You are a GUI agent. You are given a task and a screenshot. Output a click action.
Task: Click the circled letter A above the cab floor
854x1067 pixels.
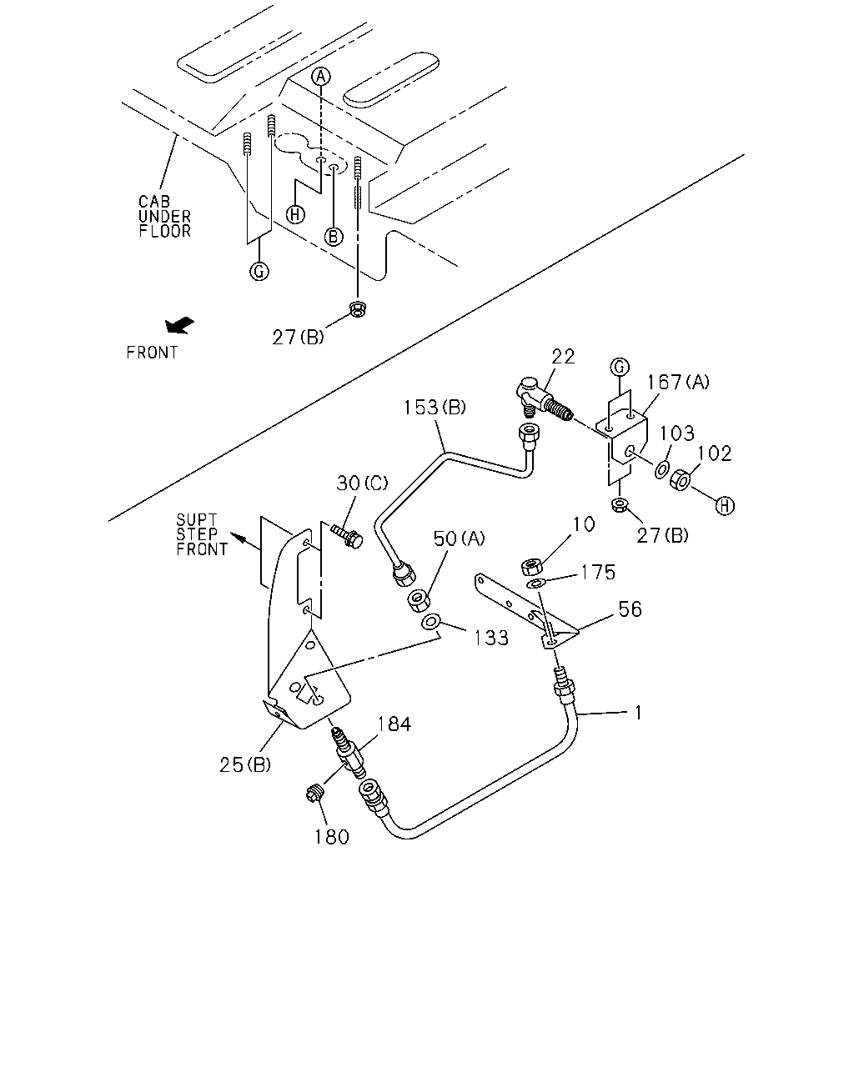[x=321, y=77]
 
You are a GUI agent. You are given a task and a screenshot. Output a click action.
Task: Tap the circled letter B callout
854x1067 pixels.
[x=334, y=237]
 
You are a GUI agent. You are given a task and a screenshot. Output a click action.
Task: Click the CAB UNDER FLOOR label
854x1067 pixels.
[x=165, y=216]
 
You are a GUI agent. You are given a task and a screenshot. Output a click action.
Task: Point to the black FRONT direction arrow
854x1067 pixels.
[x=179, y=325]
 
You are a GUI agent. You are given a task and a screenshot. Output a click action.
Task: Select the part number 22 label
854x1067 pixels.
[x=563, y=357]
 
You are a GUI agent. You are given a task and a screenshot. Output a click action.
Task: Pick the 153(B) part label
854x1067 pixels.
[x=435, y=408]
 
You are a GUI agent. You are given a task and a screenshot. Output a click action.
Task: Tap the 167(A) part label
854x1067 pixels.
[x=678, y=382]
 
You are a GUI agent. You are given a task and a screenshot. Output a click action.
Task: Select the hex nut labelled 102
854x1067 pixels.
[x=681, y=480]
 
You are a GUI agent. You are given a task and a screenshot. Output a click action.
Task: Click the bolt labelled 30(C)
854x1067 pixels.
[x=347, y=535]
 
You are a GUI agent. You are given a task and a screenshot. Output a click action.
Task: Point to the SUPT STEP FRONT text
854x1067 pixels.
[x=202, y=534]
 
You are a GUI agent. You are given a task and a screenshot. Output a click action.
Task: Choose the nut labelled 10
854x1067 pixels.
[x=531, y=566]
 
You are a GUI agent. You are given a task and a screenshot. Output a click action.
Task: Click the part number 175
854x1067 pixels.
[x=598, y=573]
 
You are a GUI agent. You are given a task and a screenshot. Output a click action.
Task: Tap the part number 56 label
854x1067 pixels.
[x=630, y=609]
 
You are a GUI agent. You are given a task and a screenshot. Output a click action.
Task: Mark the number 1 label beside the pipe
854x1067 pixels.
[x=639, y=713]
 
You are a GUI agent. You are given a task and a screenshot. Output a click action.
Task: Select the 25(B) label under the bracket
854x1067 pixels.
[x=245, y=765]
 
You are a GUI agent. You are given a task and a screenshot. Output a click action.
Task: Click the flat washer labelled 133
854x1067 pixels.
[x=430, y=621]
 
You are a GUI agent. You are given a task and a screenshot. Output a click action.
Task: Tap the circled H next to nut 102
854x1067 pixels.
[x=725, y=506]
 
